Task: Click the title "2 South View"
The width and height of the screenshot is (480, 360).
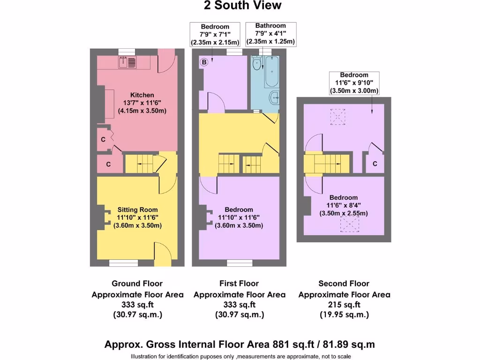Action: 242,6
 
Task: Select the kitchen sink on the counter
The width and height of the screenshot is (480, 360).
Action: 127,61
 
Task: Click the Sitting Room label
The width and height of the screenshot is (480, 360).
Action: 137,210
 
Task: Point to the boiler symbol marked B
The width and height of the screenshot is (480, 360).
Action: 204,62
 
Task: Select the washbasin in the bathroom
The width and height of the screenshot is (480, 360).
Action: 274,98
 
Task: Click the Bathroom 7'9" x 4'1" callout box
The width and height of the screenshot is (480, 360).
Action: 270,34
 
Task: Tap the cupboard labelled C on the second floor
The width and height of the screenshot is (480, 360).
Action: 375,164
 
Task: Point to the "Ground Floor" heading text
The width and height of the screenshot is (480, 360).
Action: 137,284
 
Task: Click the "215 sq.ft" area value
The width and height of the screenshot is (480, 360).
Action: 344,305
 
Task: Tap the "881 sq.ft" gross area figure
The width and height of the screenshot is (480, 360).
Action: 292,345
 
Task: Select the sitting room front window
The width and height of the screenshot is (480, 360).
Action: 123,263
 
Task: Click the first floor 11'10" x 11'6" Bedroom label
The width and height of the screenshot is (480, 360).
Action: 239,210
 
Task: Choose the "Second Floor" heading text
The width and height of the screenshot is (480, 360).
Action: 344,284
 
